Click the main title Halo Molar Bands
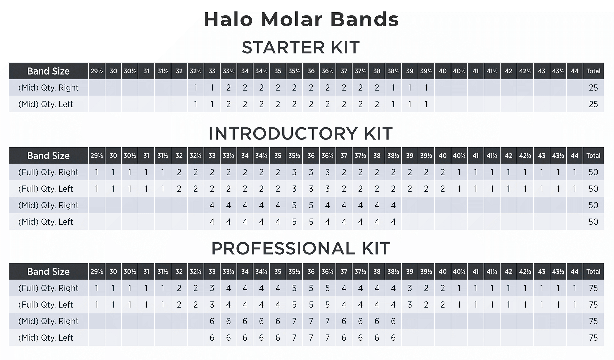pyautogui.click(x=301, y=19)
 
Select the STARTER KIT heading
pyautogui.click(x=300, y=47)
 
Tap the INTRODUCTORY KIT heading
pyautogui.click(x=300, y=134)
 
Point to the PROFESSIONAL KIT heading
pyautogui.click(x=300, y=249)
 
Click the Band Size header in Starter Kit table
pyautogui.click(x=48, y=71)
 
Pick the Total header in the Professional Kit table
pyautogui.click(x=593, y=272)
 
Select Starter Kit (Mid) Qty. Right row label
pyautogui.click(x=48, y=88)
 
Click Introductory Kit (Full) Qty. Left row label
pyautogui.click(x=46, y=189)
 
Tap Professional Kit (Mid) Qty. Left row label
pyautogui.click(x=46, y=338)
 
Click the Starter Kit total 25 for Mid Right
pyautogui.click(x=593, y=88)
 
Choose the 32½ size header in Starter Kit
pyautogui.click(x=196, y=71)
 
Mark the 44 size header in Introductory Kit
pyautogui.click(x=574, y=156)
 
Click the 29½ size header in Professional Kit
pyautogui.click(x=97, y=272)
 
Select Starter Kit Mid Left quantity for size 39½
pyautogui.click(x=426, y=104)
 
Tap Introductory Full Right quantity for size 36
pyautogui.click(x=311, y=172)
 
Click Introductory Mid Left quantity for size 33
pyautogui.click(x=212, y=222)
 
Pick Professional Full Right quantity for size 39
pyautogui.click(x=410, y=288)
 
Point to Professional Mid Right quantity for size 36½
pyautogui.click(x=327, y=321)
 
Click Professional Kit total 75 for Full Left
pyautogui.click(x=593, y=305)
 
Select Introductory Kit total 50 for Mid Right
pyautogui.click(x=593, y=205)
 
